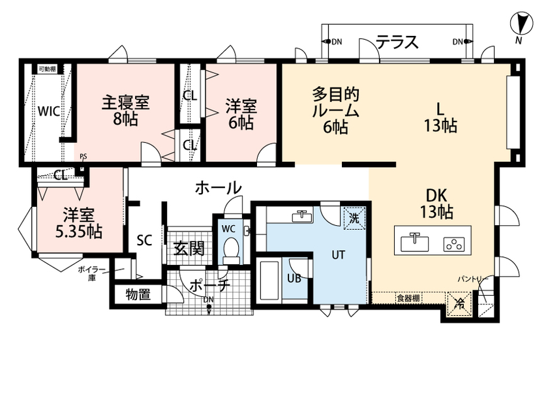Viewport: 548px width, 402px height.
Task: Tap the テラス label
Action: (x=397, y=42)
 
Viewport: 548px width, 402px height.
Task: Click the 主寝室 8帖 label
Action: (x=125, y=111)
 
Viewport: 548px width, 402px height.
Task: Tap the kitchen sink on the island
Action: (x=412, y=243)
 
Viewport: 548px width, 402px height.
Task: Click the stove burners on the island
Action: (x=452, y=244)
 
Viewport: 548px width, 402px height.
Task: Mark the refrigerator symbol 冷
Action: (x=460, y=302)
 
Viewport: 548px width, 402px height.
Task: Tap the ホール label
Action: (x=218, y=188)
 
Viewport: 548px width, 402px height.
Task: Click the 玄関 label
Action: (x=189, y=249)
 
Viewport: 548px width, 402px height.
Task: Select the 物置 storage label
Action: (x=138, y=294)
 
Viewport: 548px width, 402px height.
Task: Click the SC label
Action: (x=144, y=240)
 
